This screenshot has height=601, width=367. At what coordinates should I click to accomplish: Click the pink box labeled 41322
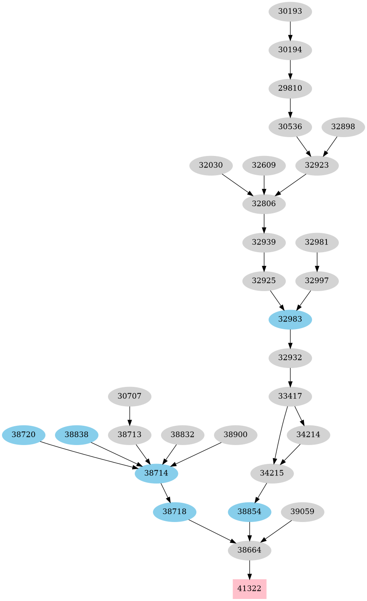[x=249, y=589]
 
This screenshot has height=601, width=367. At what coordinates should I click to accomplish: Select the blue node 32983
[x=290, y=319]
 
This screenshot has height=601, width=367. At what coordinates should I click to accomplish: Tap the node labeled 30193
[x=290, y=11]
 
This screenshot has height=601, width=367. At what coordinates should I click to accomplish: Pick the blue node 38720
[x=23, y=434]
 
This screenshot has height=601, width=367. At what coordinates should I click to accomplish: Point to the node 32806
[x=264, y=204]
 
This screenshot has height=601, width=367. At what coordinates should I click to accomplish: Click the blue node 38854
[x=249, y=512]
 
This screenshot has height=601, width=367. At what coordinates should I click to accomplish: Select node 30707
[x=129, y=396]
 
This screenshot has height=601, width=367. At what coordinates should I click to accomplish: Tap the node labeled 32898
[x=343, y=127]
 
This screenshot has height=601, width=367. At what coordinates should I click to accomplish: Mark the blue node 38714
[x=156, y=473]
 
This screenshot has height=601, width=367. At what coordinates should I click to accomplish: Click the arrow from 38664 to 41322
[x=249, y=569]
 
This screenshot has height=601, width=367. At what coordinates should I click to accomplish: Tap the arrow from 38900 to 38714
[x=196, y=454]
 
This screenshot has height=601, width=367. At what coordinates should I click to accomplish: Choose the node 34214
[x=308, y=434]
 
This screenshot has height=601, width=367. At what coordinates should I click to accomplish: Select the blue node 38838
[x=76, y=434]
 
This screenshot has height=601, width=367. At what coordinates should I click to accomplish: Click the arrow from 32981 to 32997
[x=317, y=261]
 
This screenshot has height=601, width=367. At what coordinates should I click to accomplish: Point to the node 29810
[x=290, y=88]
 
